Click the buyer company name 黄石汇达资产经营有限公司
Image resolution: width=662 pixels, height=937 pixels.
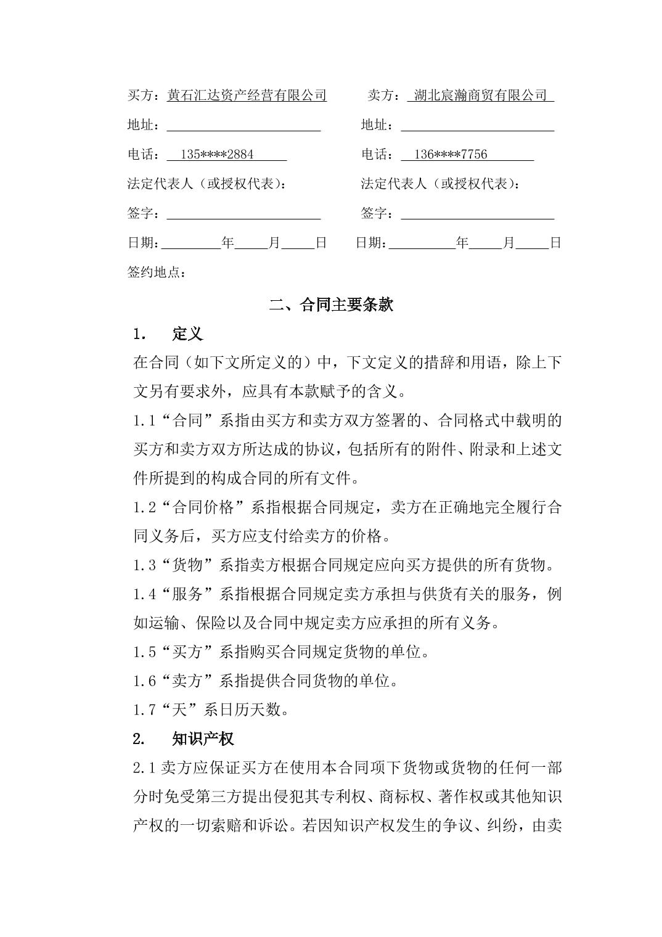coord(247,96)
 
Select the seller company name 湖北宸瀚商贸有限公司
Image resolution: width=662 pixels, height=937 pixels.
coord(480,96)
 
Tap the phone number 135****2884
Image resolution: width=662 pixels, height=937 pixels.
coord(217,155)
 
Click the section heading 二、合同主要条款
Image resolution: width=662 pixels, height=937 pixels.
coord(331,305)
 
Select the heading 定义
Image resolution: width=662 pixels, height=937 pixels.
coord(187,334)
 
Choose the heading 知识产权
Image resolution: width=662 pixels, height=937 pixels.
coord(203,739)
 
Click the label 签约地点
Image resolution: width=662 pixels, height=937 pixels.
coord(155,272)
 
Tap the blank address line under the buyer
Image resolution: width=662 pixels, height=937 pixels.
coord(243,126)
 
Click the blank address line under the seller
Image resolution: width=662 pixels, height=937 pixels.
coord(477,126)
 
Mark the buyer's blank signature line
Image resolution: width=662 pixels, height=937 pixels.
coord(243,215)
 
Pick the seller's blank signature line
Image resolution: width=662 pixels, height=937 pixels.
coord(477,215)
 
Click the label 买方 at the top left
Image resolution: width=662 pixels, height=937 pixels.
coord(140,96)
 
